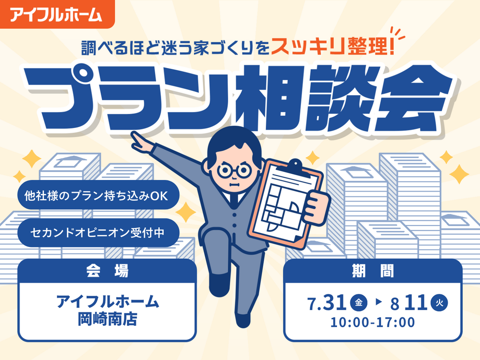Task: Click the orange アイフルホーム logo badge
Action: click(x=57, y=14)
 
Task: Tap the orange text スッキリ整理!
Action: click(x=332, y=47)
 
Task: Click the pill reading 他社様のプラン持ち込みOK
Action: click(x=98, y=195)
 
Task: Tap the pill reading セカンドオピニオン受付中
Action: click(x=98, y=232)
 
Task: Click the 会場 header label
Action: click(x=107, y=271)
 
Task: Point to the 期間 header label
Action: click(x=373, y=271)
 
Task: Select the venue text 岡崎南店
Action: click(x=107, y=319)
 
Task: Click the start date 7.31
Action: click(x=327, y=303)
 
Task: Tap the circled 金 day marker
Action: click(x=359, y=303)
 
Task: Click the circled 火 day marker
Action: click(x=439, y=303)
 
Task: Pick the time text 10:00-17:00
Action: click(x=373, y=322)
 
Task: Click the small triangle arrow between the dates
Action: click(x=379, y=302)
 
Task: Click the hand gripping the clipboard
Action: click(x=318, y=208)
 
